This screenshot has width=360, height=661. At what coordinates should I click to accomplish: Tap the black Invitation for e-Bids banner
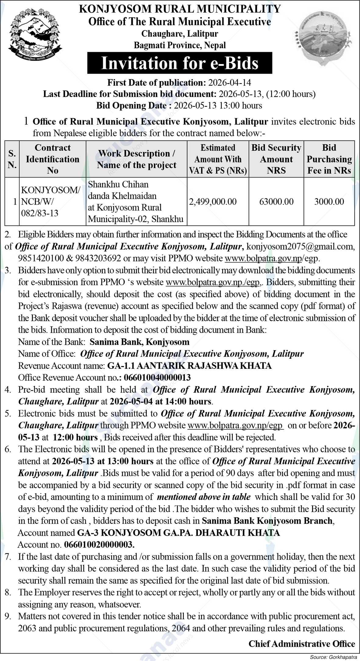tap(180, 63)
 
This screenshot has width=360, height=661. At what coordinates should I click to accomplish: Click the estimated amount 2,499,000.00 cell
tap(213, 201)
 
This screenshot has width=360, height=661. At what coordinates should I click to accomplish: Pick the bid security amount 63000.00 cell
tap(276, 201)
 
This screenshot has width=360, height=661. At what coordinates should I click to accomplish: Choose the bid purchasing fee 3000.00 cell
tap(329, 201)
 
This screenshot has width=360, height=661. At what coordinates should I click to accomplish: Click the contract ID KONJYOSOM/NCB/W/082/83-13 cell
tap(51, 201)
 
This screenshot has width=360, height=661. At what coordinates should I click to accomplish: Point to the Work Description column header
tap(136, 159)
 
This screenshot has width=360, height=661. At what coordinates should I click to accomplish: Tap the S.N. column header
tap(12, 159)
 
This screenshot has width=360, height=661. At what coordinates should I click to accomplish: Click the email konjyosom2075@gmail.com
tap(300, 246)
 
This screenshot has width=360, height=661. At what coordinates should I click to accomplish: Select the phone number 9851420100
tap(41, 258)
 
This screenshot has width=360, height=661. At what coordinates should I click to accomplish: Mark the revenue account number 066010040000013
tap(157, 378)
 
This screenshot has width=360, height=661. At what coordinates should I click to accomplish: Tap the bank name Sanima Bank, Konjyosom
tap(140, 342)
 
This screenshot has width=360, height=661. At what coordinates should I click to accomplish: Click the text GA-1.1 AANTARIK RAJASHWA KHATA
tap(189, 366)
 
